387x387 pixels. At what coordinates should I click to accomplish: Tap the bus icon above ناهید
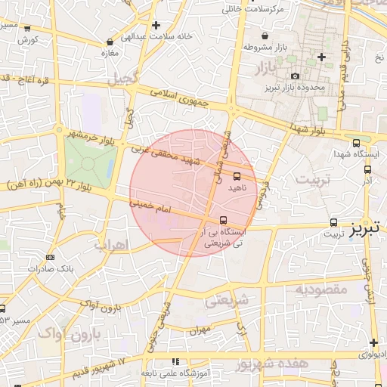237,176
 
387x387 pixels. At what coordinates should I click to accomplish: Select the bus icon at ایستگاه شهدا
356,143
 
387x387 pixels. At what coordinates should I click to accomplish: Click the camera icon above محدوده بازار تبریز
295,76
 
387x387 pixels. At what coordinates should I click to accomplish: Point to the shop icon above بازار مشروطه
264,36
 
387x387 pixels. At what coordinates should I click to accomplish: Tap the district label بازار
258,70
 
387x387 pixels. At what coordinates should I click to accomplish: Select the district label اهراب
113,245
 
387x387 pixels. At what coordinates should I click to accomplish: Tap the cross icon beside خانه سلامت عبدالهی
156,25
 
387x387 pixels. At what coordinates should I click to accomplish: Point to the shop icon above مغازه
111,42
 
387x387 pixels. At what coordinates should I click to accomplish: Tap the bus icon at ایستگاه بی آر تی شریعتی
222,221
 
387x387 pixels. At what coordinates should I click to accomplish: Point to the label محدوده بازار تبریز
296,88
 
